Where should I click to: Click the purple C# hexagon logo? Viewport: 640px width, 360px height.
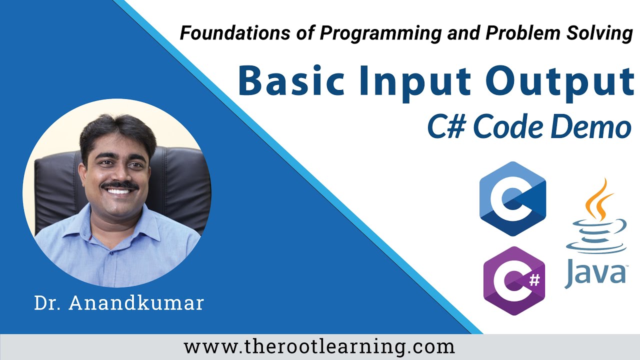tap(513, 280)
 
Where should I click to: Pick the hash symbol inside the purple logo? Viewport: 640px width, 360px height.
tap(534, 280)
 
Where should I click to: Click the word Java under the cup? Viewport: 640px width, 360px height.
tap(595, 274)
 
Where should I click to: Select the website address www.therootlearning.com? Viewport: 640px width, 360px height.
tap(319, 346)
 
